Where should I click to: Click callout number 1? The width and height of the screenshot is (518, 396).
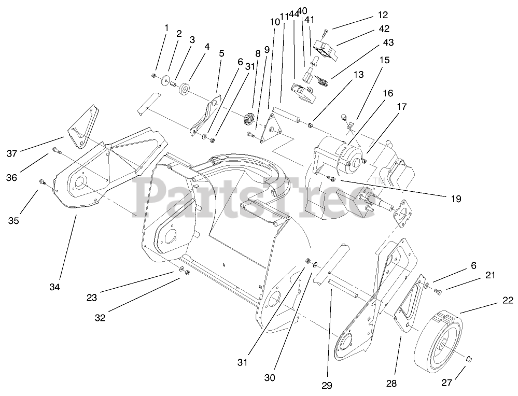[x=166, y=27]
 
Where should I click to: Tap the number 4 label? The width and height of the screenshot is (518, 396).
[x=207, y=47]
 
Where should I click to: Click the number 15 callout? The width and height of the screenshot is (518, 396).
[x=384, y=60]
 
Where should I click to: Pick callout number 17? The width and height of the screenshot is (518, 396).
[x=401, y=107]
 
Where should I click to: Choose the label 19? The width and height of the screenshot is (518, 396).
[x=456, y=198]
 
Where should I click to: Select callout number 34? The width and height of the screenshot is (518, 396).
[x=55, y=287]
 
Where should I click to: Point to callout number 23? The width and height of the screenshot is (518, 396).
[x=92, y=298]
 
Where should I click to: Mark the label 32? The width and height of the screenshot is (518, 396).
[x=100, y=318]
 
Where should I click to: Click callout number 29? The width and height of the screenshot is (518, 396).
[x=327, y=385]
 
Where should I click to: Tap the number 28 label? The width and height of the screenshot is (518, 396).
[x=391, y=383]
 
